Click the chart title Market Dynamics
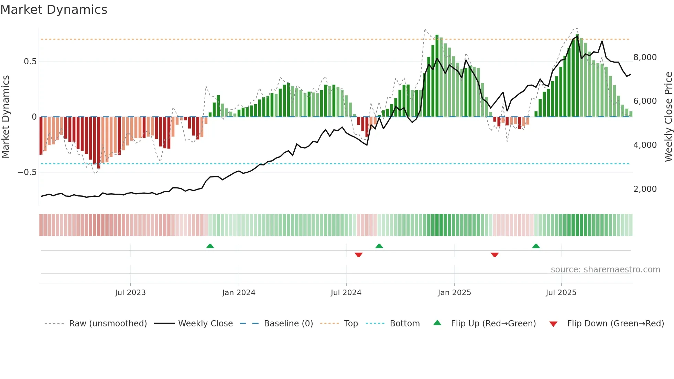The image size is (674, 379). point(54,10)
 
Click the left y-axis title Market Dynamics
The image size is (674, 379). point(6,117)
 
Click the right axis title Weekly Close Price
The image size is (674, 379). point(668,117)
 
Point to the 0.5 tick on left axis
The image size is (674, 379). point(30,62)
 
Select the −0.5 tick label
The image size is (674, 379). point(27,172)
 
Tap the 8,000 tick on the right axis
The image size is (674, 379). point(645,57)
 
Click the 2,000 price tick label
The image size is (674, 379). point(645,189)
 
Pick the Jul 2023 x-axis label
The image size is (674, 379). point(130,293)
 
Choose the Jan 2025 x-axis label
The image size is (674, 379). point(454,293)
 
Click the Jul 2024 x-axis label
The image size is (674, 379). point(346,293)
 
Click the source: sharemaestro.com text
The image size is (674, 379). point(605,270)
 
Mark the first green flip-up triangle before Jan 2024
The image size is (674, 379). point(210,246)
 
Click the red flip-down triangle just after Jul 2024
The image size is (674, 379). point(359,255)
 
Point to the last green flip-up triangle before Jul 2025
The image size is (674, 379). point(536,246)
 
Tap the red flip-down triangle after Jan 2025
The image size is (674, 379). point(495,255)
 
